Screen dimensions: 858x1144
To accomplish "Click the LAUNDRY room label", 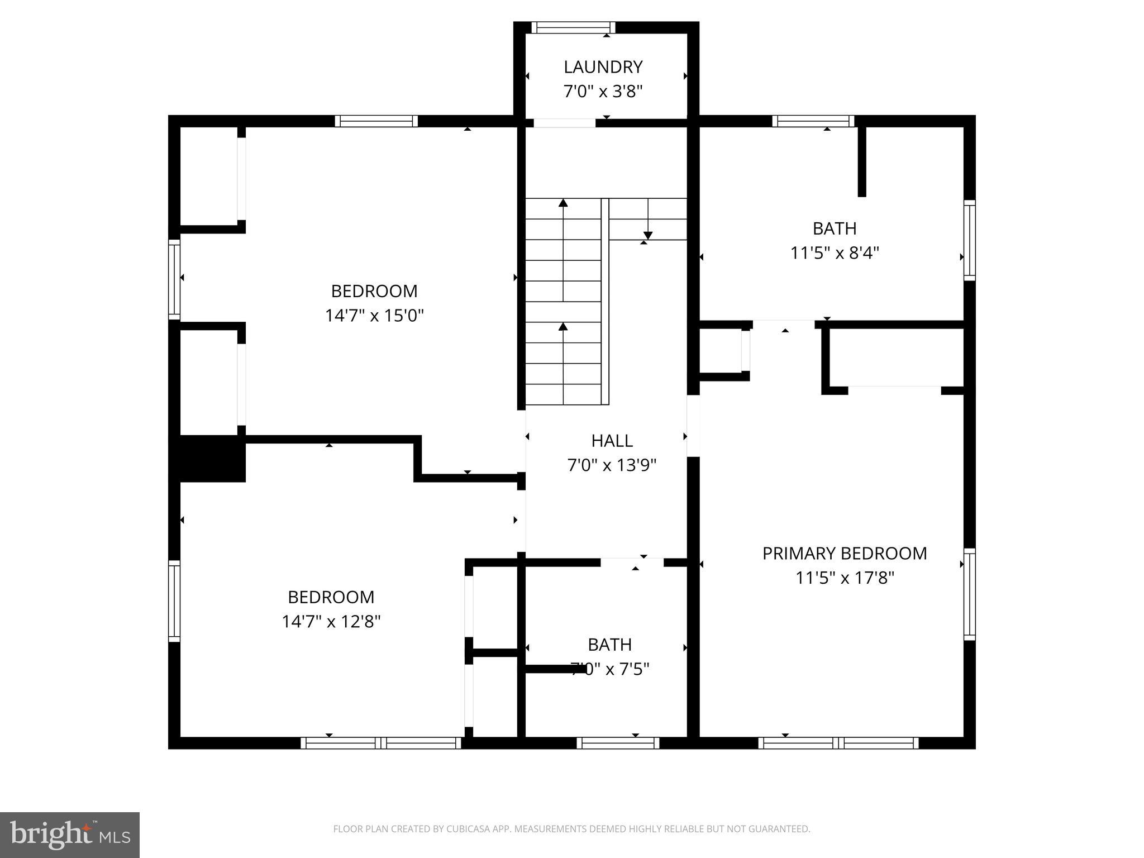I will (603, 67).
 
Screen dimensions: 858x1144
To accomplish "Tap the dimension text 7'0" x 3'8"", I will (603, 91).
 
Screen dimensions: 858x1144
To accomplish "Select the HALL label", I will (612, 441).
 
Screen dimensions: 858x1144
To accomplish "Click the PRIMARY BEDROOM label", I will (844, 554).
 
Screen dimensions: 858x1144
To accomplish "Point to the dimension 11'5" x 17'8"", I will (844, 578).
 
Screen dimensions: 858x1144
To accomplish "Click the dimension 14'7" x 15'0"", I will (374, 316).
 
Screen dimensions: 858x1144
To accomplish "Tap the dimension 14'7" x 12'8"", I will (331, 622).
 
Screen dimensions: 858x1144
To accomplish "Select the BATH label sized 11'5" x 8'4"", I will (834, 228).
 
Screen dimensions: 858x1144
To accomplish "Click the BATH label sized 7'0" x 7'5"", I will (609, 645).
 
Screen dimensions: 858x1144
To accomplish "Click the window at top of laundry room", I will (573, 27).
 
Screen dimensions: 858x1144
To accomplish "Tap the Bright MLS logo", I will (69, 835).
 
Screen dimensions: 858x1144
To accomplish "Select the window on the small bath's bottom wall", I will (618, 743).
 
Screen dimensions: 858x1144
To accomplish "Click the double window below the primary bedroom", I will (838, 743).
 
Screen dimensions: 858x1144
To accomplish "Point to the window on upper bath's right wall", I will (970, 240).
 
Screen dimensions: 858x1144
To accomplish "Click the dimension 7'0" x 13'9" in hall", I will (612, 465).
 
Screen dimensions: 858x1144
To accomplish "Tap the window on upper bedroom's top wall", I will (376, 121).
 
